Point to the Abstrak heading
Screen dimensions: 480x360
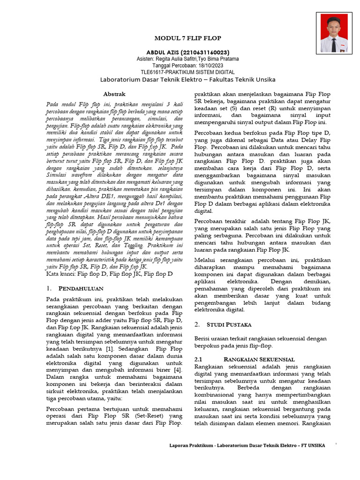114,94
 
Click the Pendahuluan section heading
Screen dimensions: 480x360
81,288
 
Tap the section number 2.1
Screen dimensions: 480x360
198,359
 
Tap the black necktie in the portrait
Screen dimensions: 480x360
334,45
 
